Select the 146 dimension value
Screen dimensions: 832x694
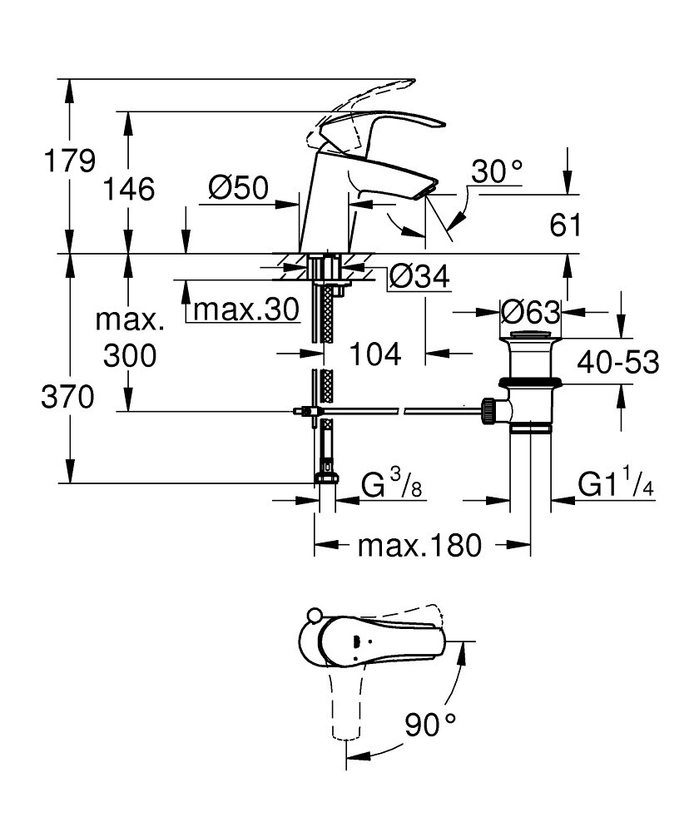(x=129, y=190)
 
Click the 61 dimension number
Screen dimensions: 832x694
(x=565, y=225)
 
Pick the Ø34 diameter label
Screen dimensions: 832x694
(x=419, y=276)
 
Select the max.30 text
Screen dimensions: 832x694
(x=245, y=310)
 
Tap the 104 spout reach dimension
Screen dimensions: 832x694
(x=374, y=354)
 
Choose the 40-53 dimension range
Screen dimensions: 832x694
(x=619, y=363)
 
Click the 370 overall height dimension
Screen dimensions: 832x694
(x=68, y=399)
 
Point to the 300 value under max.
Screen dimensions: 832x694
(x=130, y=356)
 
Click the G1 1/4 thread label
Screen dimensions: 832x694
(x=616, y=485)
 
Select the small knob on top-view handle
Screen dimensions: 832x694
(x=314, y=617)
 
